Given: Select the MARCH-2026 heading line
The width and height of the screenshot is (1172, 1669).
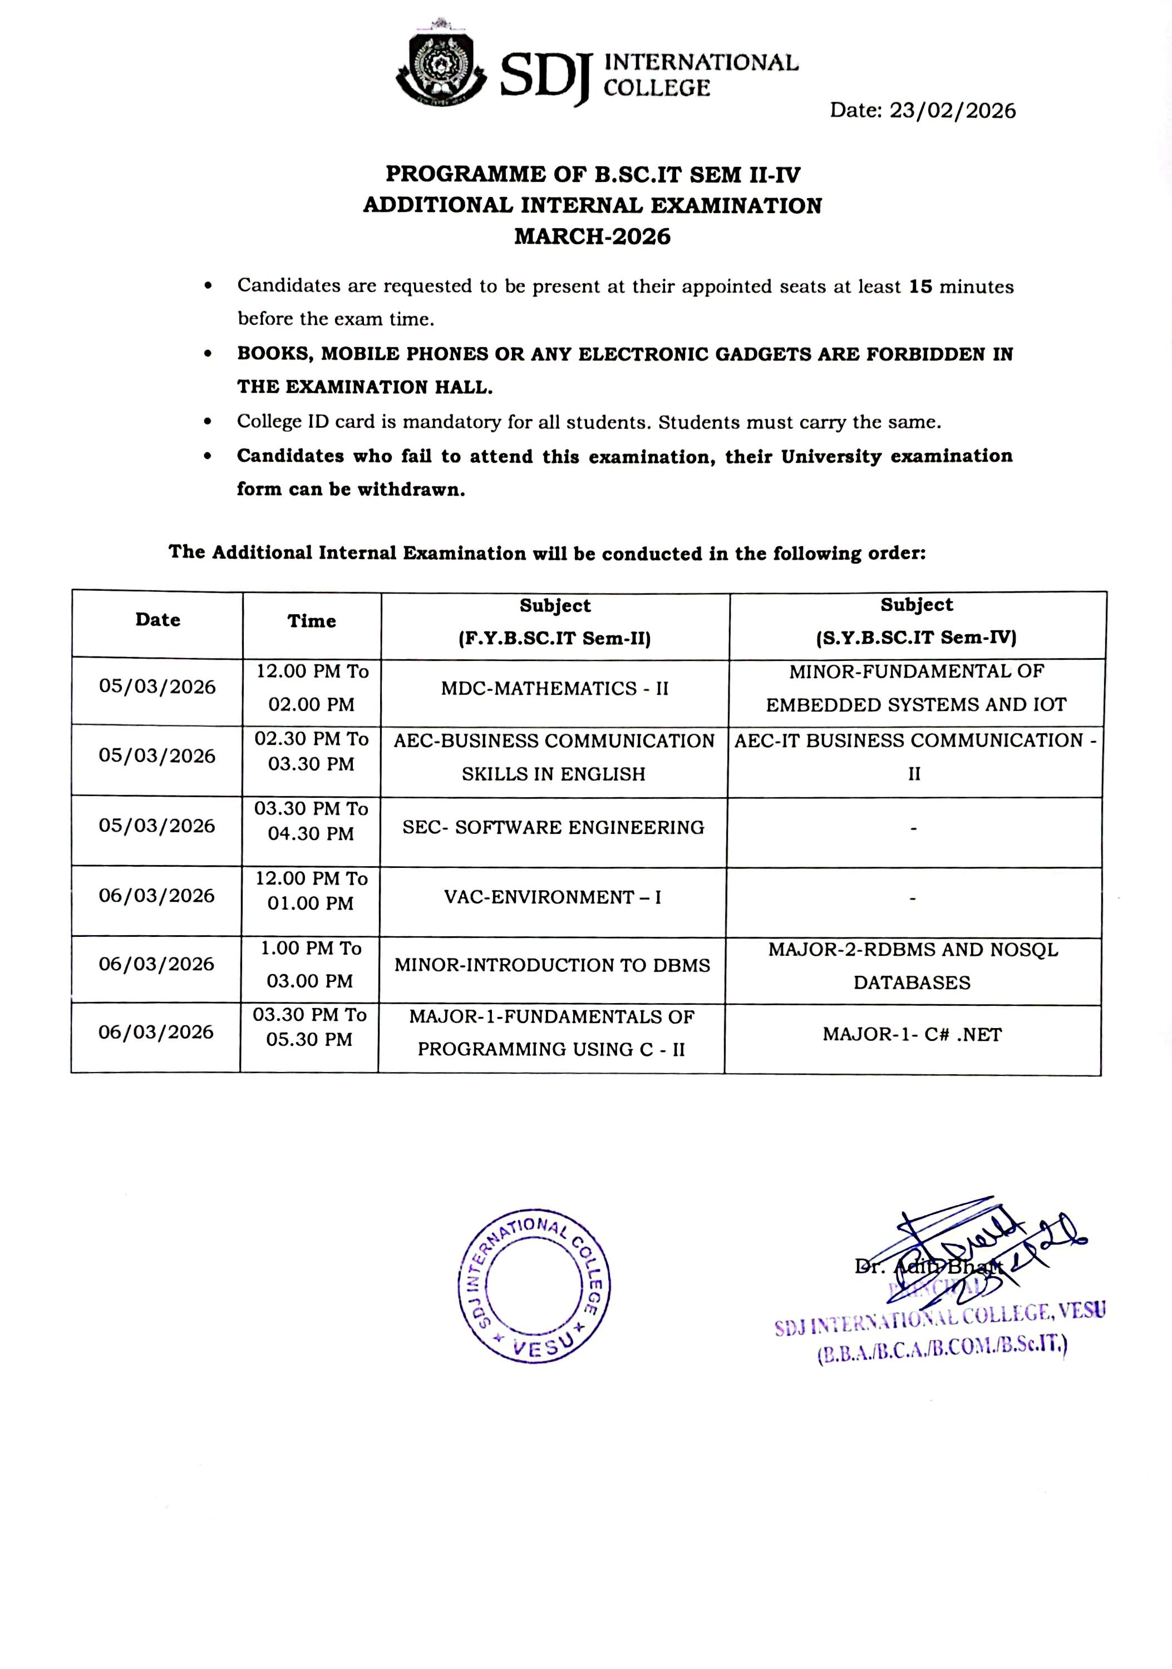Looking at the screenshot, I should point(592,237).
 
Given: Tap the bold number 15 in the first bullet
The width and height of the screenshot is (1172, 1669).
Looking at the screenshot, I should point(920,287).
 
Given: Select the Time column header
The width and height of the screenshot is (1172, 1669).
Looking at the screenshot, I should point(311,621).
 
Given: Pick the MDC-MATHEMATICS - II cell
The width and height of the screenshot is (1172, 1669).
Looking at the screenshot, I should point(554,688).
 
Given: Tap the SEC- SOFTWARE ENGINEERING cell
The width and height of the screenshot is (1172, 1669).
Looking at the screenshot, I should point(553,827).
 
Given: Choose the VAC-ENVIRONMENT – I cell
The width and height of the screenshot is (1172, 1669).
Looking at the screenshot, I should point(553,897).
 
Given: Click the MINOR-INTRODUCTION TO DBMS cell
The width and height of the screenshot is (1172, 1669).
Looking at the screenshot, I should point(552,965).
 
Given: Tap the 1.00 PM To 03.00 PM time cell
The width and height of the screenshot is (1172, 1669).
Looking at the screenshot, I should point(311,965).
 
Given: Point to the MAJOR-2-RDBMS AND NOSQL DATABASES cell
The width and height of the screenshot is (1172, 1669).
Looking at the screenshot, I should point(913,966).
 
